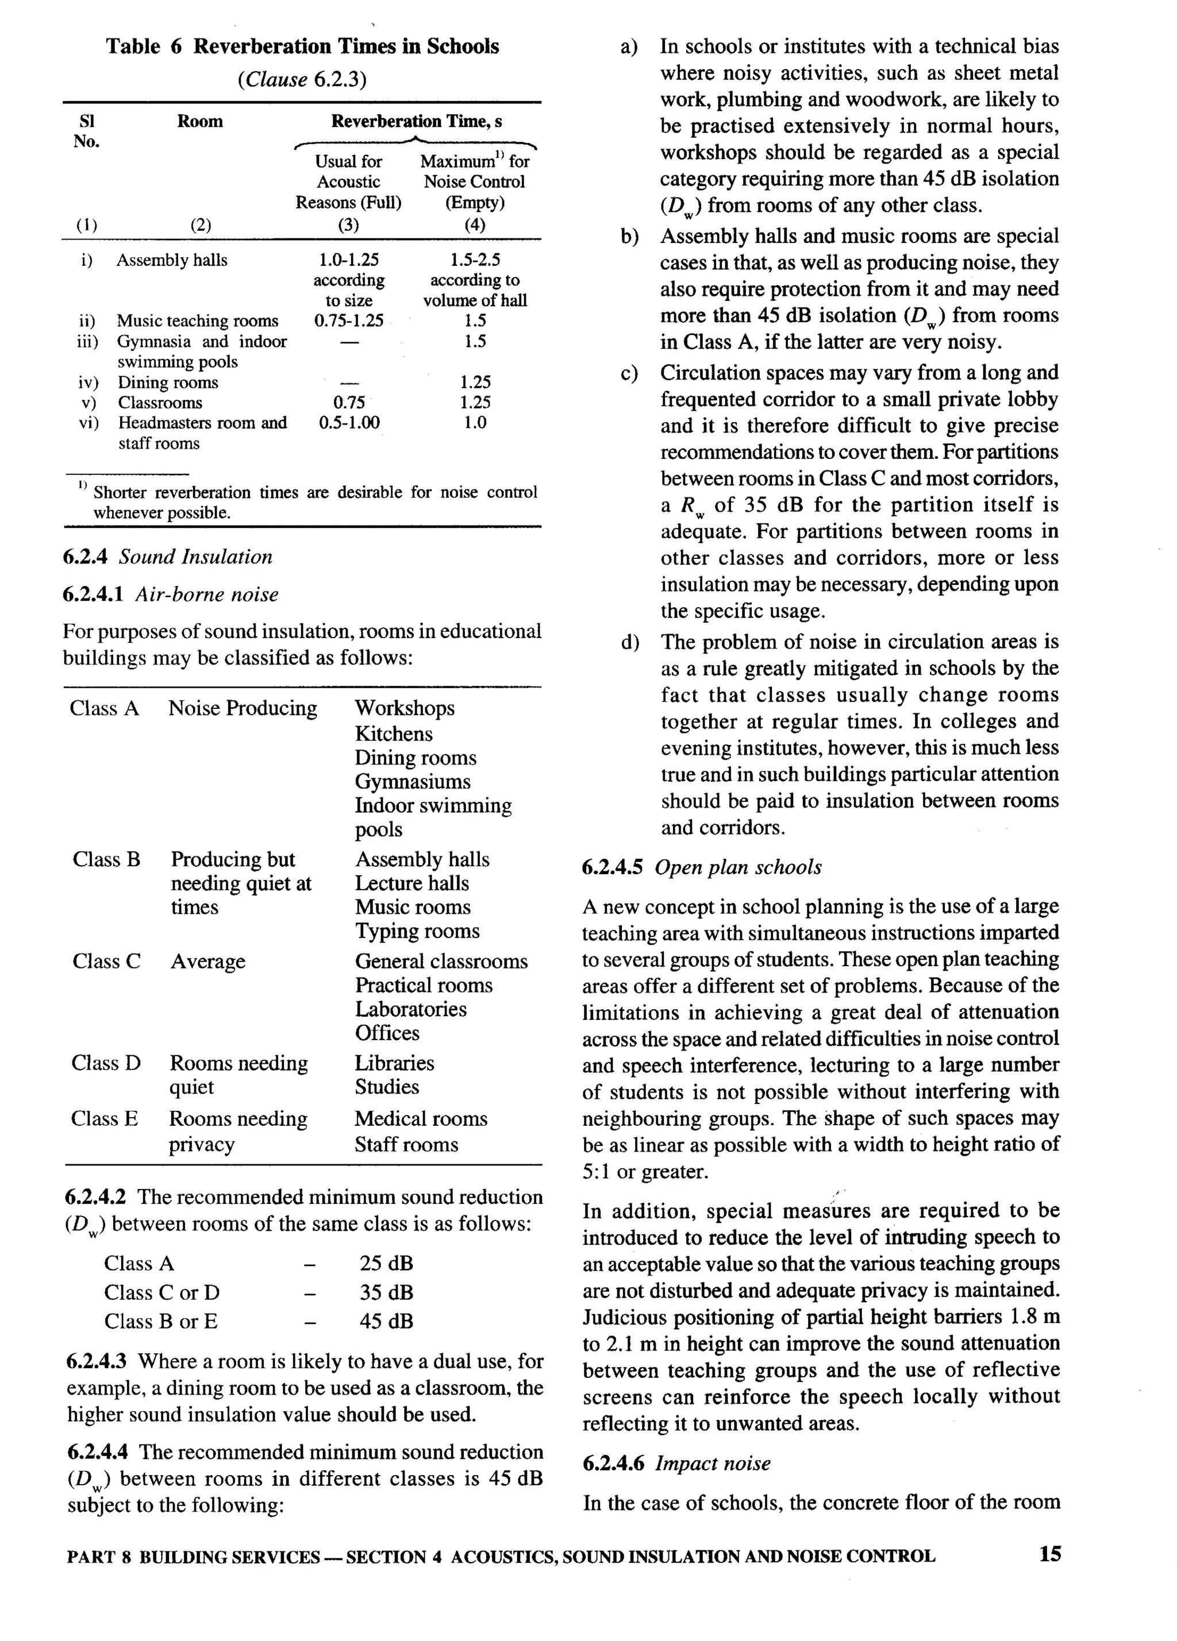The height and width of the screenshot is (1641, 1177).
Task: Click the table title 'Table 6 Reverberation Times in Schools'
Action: coord(302,47)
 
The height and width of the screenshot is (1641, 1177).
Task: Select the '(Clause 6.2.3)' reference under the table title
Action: coord(302,79)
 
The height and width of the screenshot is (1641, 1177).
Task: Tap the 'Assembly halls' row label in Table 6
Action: coord(172,260)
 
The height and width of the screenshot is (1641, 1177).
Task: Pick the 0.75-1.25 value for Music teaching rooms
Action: coord(348,321)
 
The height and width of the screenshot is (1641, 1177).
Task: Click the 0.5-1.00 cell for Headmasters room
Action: coord(348,423)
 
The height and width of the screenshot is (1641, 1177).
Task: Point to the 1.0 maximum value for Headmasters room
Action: coord(474,423)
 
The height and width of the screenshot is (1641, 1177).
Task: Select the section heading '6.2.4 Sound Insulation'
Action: coord(167,557)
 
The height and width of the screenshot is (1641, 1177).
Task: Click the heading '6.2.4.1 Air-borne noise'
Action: coord(170,594)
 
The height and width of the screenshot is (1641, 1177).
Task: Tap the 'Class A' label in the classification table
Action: coord(104,708)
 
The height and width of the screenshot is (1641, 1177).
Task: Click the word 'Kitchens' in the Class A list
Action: coord(393,733)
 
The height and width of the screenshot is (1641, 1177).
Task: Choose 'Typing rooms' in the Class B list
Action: coord(417,931)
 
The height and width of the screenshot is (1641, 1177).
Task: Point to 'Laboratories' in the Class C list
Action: coord(410,1009)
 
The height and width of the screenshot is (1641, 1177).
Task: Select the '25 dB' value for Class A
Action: coord(386,1263)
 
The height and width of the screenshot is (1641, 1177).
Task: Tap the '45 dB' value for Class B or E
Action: coord(386,1321)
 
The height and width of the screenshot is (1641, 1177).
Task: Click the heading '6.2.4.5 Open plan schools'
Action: coord(701,867)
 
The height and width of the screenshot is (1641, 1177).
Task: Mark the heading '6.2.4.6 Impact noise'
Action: coord(676,1463)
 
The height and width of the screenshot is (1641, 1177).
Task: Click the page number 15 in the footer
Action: coord(1049,1554)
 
